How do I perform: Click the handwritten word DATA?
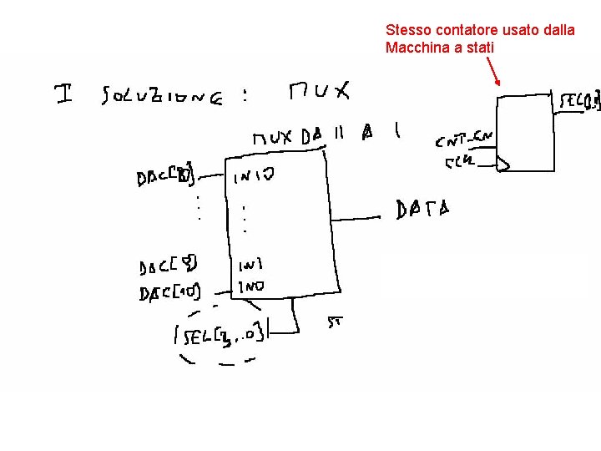[422, 208]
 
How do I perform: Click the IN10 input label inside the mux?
[253, 176]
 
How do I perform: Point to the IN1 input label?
[250, 266]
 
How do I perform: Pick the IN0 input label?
[250, 286]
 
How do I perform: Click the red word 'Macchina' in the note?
[417, 48]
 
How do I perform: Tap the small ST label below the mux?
[335, 320]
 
